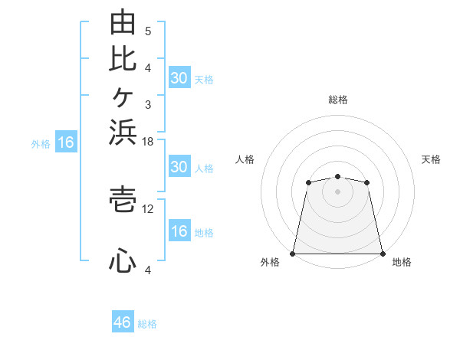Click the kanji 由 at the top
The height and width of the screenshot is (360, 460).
[123, 21]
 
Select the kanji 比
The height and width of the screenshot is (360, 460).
[123, 60]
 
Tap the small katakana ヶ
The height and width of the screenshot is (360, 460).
[123, 97]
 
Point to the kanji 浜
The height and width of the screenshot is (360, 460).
[123, 133]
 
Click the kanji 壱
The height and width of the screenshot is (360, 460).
[123, 200]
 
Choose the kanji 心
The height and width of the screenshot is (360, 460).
[123, 260]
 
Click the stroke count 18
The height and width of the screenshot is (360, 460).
[147, 142]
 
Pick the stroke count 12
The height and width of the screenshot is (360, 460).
[147, 209]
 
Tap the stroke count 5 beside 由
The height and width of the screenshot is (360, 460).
[148, 31]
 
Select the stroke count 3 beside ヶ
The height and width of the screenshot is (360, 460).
[148, 105]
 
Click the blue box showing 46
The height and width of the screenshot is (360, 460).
[123, 321]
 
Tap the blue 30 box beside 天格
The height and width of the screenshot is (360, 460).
[179, 77]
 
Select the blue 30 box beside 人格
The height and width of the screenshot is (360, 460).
[179, 166]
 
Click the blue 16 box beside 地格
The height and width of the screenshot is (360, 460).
[179, 230]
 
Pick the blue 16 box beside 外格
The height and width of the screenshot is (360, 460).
[66, 141]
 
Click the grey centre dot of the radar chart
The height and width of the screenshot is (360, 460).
[337, 191]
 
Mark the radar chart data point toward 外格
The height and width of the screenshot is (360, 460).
[293, 254]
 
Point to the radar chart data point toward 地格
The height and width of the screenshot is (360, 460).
[383, 254]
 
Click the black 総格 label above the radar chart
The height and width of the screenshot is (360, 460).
[338, 100]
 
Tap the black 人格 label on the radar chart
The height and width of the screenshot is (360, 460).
[245, 159]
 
